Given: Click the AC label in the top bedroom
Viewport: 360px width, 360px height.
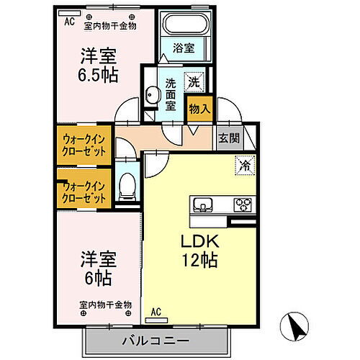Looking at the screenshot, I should coord(70,22).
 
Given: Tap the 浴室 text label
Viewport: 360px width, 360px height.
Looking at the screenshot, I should coord(184,49).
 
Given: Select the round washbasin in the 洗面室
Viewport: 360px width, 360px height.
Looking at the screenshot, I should coord(152,94).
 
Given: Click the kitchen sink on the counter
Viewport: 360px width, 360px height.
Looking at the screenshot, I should coord(203,204).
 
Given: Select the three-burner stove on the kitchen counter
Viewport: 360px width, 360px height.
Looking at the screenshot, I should coord(241,204).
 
